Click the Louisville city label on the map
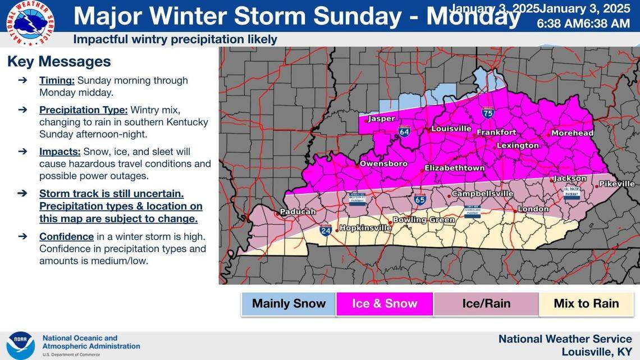coord(451,129)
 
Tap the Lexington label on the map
coord(517,145)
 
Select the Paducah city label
coord(298,212)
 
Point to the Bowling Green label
coord(423,220)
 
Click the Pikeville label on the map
coord(616,184)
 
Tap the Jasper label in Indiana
coord(381,119)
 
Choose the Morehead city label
coord(572,133)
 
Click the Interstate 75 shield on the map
coord(487,113)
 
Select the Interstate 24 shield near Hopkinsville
coord(326,230)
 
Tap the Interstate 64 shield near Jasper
coord(404,131)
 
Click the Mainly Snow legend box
coord(289,304)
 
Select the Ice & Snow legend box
coord(385,304)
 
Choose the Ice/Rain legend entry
coord(486,304)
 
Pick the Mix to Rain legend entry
coord(586,304)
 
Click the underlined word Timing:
coord(57,80)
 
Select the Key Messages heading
coord(59,61)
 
